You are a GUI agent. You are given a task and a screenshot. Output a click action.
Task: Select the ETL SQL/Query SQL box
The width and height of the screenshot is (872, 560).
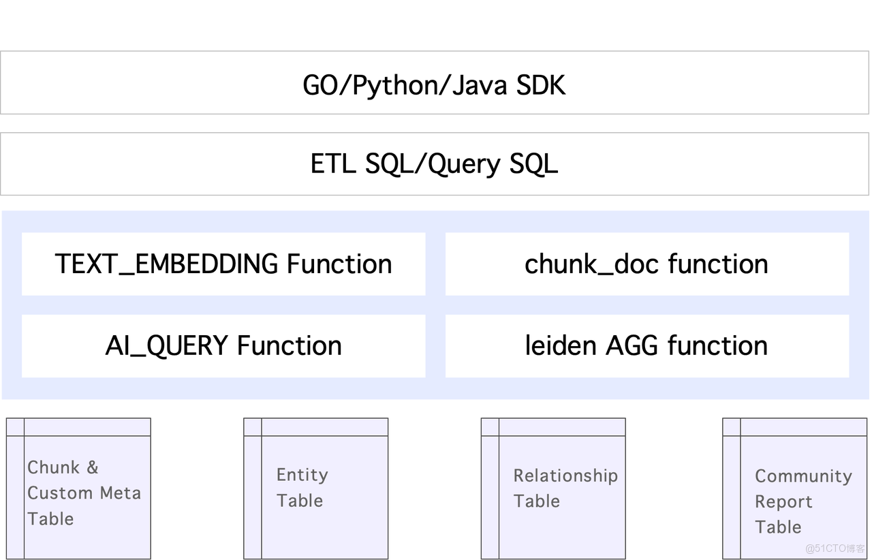(x=435, y=164)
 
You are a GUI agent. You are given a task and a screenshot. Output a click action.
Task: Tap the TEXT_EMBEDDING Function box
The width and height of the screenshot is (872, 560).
(x=223, y=264)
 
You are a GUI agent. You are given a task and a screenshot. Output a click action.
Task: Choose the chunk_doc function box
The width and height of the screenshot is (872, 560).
(x=647, y=264)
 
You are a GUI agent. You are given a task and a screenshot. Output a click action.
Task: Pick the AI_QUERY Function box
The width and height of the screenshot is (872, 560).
(x=223, y=346)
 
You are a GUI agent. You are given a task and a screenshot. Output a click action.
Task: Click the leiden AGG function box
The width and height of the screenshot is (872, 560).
(x=647, y=346)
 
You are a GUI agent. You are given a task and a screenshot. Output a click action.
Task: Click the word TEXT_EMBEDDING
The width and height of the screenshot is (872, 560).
(x=167, y=264)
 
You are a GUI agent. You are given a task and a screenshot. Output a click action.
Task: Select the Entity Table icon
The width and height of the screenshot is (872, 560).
(x=317, y=488)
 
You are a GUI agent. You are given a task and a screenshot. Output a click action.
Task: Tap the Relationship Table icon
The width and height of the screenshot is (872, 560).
(x=553, y=488)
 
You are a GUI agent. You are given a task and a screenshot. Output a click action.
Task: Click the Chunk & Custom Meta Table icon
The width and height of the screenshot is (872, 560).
(x=79, y=488)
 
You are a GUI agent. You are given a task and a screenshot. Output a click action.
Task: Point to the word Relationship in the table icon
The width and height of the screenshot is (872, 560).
(x=565, y=476)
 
